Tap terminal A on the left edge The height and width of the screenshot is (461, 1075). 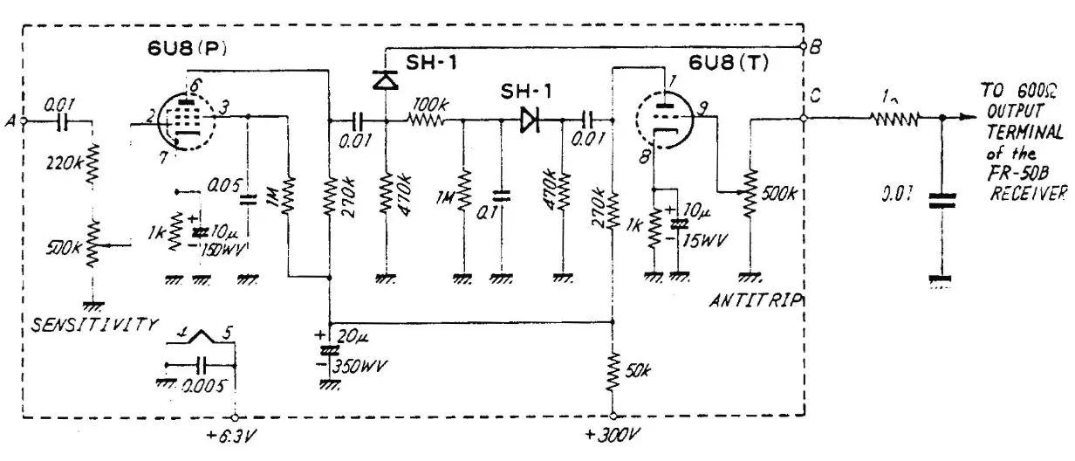click(x=23, y=121)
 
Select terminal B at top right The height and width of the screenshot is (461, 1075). click(x=803, y=47)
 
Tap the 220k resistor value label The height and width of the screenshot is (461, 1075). click(x=65, y=162)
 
